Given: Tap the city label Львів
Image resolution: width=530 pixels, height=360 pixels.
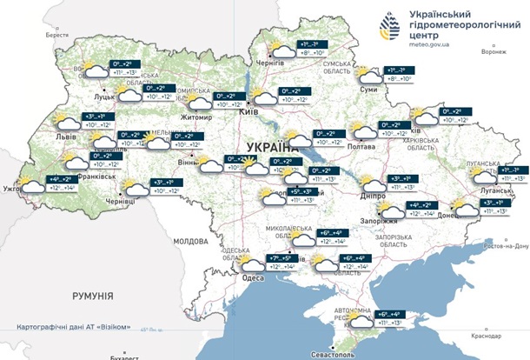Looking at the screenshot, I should [x=63, y=137].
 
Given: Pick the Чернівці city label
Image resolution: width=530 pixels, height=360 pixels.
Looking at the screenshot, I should [x=121, y=200].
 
